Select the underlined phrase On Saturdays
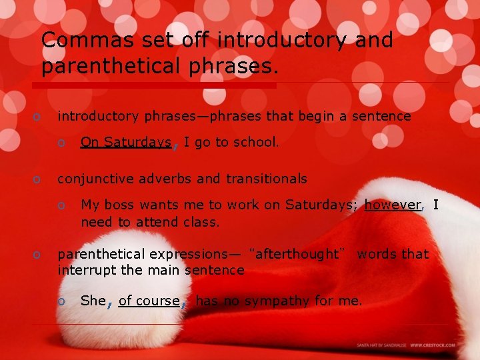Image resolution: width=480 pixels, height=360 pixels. [x=125, y=142]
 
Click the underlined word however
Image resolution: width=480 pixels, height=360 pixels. [x=393, y=205]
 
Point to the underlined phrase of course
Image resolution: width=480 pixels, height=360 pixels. [x=149, y=301]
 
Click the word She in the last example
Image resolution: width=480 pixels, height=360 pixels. [x=93, y=301]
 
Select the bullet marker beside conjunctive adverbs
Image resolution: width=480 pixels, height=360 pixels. [x=38, y=179]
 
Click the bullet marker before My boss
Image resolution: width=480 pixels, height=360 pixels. [x=61, y=205]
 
